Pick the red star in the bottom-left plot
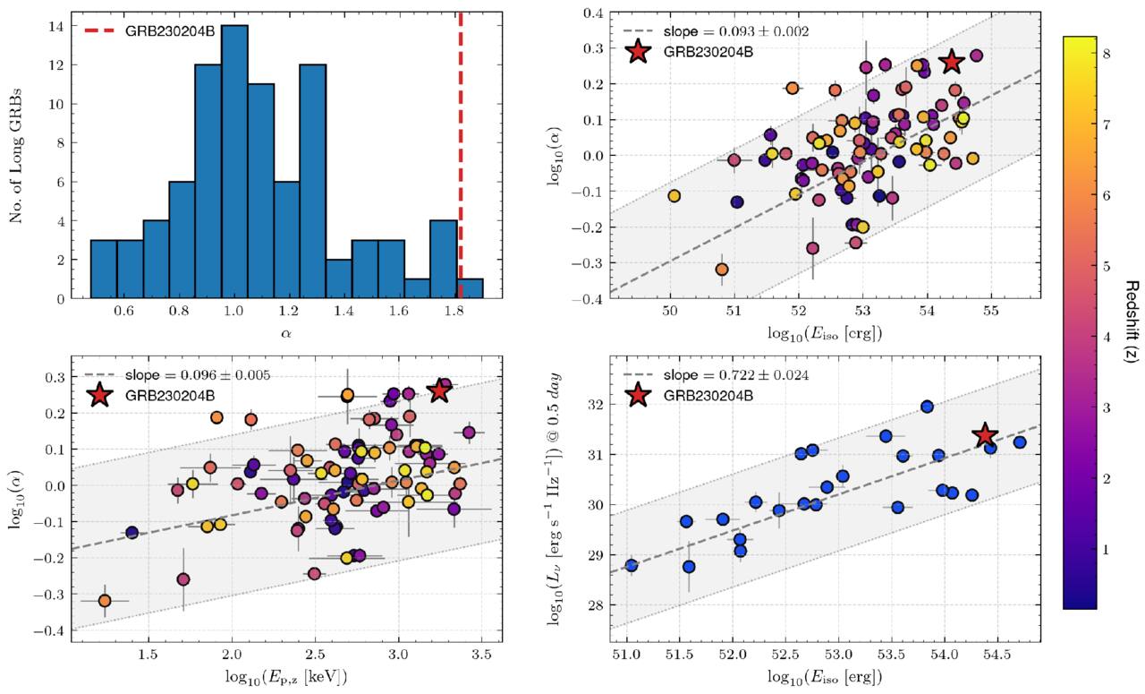pos(438,391)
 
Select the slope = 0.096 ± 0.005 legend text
pos(198,375)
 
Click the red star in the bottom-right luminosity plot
pos(985,435)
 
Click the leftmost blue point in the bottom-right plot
pos(632,565)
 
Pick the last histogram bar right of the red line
pos(471,288)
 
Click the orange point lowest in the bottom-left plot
pos(105,601)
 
